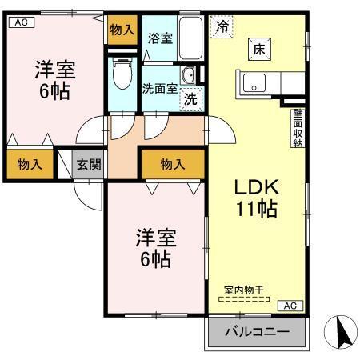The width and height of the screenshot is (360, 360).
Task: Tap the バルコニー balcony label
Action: click(x=256, y=331)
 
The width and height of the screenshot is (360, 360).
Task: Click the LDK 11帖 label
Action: click(x=255, y=198)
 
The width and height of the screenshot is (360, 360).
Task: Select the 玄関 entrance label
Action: click(x=89, y=166)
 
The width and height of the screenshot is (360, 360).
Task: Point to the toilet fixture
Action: click(x=122, y=76)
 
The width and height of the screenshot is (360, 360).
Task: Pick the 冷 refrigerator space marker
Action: click(x=222, y=26)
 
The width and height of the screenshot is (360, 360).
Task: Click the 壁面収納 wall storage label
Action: click(x=297, y=128)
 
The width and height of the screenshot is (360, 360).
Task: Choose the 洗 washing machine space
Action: click(x=191, y=99)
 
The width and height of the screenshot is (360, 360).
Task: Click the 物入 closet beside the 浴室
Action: click(x=122, y=30)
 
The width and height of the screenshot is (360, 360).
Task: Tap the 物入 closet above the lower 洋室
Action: click(x=173, y=165)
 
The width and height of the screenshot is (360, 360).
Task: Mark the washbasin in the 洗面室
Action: click(x=188, y=76)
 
